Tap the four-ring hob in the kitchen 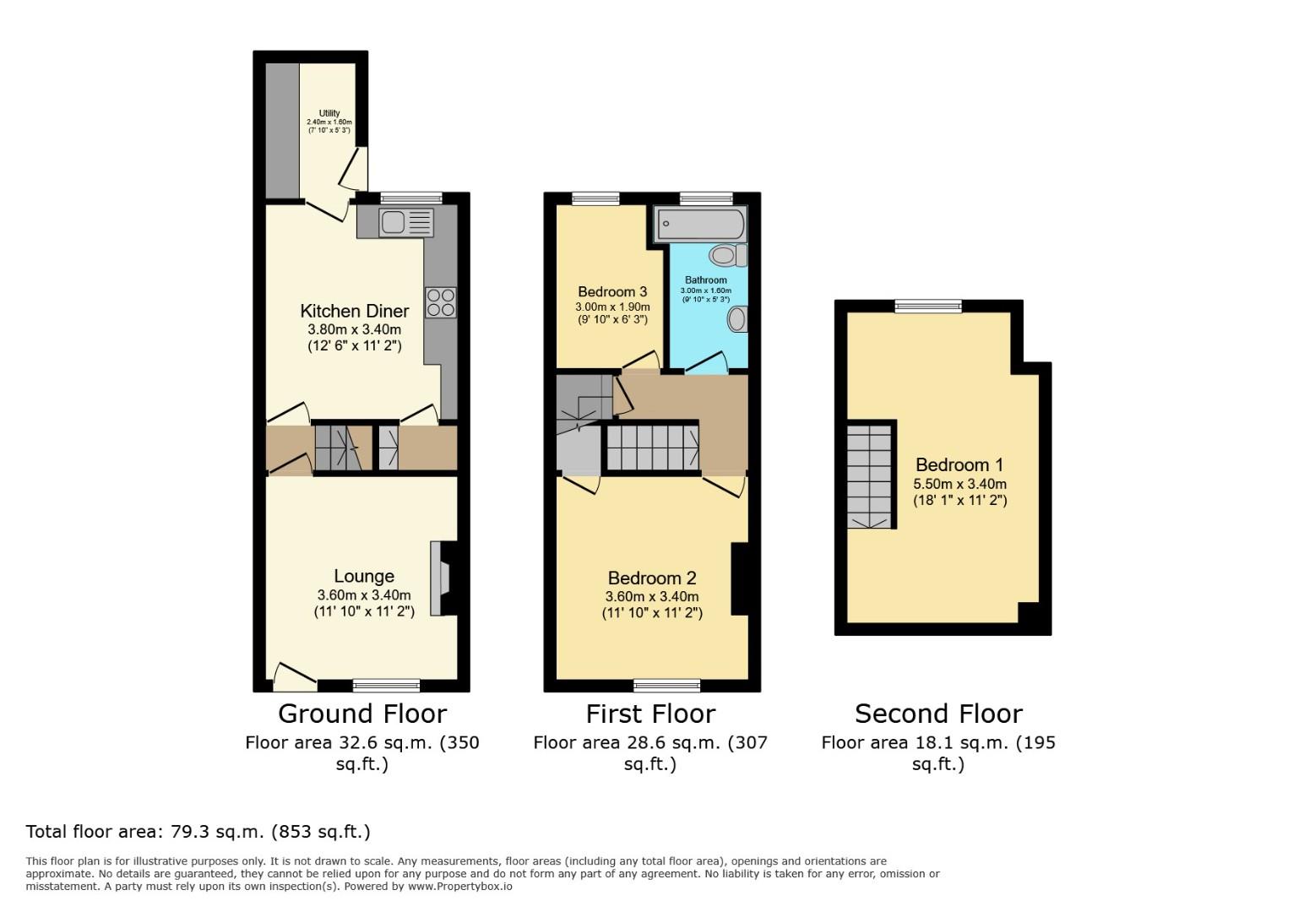point(441,302)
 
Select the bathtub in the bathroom point(700,225)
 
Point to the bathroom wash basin point(737,319)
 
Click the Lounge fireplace point(441,578)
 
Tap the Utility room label point(329,113)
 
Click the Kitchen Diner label point(355,311)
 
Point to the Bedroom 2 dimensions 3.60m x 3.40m point(652,596)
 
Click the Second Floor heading point(938,714)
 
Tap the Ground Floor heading point(361,714)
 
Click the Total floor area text point(198,832)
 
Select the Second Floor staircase point(870,475)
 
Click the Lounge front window point(386,684)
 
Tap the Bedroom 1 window point(928,306)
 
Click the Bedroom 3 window point(595,198)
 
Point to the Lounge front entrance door point(294,673)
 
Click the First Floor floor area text point(650,752)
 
